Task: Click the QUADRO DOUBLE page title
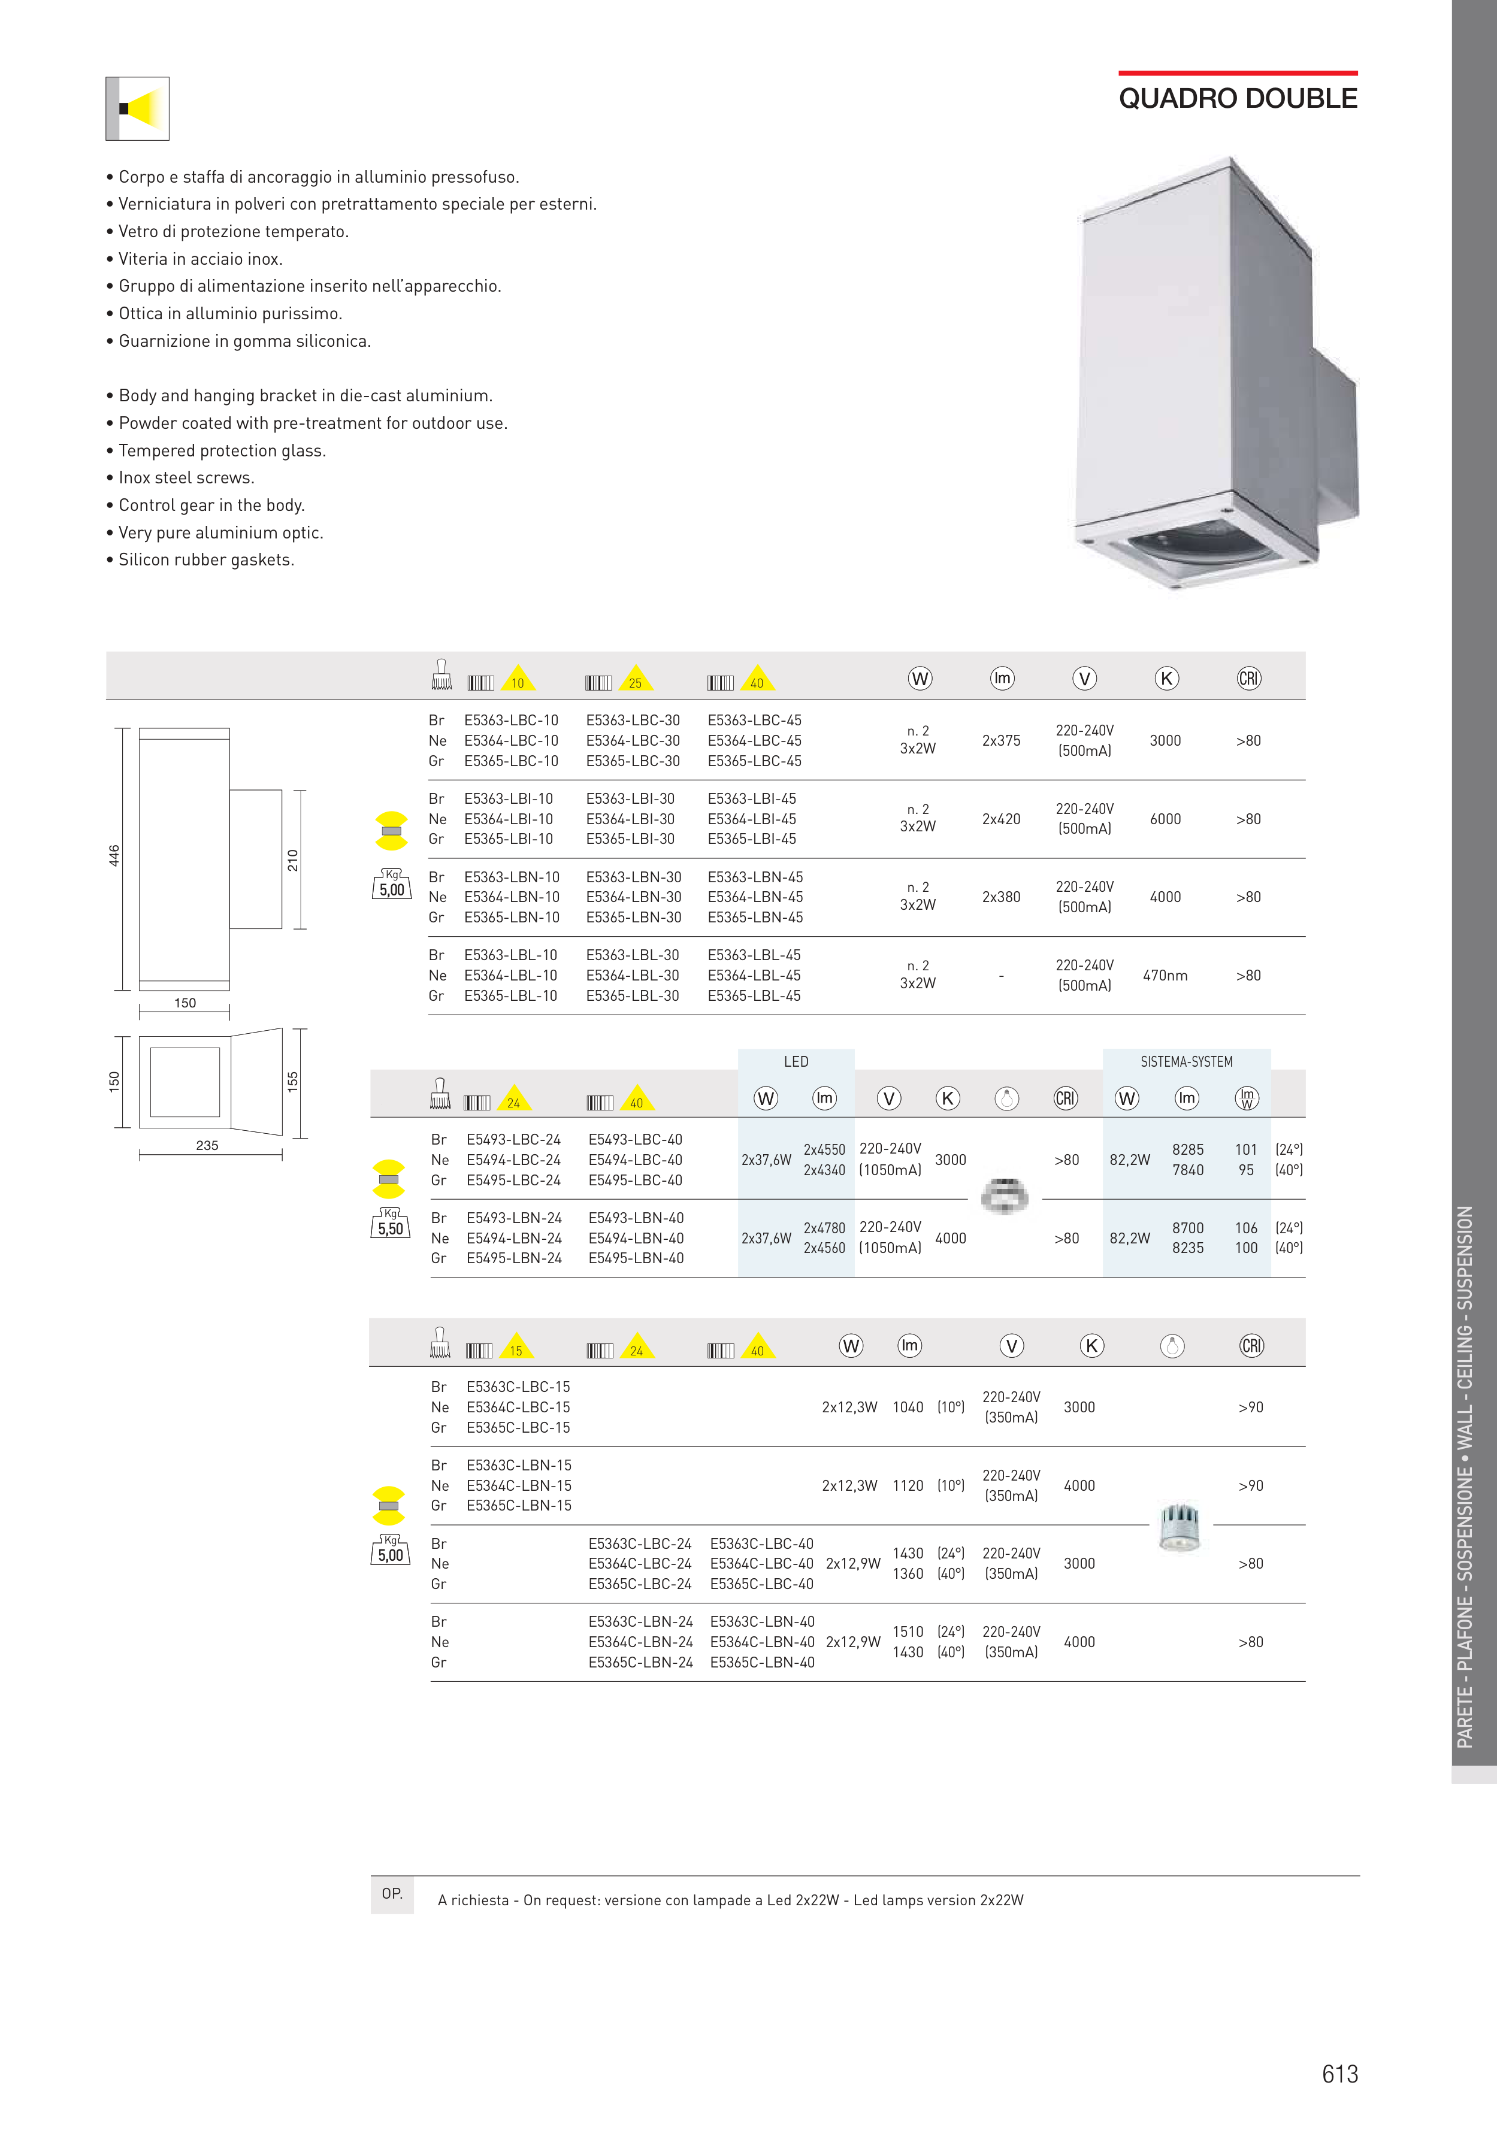(1238, 98)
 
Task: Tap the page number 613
(1339, 2074)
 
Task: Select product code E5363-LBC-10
(511, 721)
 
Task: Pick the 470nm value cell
(1165, 976)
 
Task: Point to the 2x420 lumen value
(1001, 819)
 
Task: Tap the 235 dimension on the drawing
(207, 1145)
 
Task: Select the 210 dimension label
(292, 861)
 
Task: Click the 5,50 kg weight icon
(390, 1225)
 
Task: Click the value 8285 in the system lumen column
(1188, 1150)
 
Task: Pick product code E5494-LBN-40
(636, 1238)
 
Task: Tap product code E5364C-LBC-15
(518, 1408)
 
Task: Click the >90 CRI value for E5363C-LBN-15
(1250, 1485)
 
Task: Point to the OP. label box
(392, 1893)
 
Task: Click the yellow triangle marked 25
(636, 680)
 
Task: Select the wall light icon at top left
(138, 109)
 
